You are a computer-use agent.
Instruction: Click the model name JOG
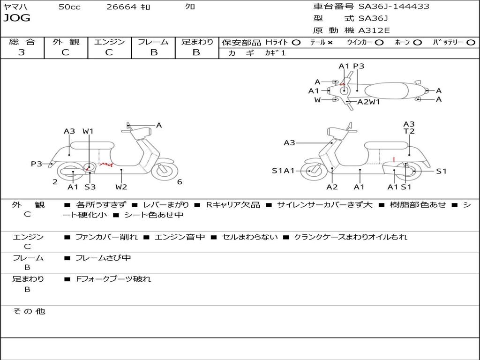tap(17, 18)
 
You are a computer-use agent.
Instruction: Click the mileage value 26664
tap(121, 7)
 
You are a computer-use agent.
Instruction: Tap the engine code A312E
tap(374, 30)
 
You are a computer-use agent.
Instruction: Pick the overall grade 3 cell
tap(22, 52)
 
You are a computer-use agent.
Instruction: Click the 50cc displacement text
tap(69, 7)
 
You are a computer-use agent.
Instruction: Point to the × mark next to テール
tap(330, 42)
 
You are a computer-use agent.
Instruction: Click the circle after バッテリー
tap(471, 42)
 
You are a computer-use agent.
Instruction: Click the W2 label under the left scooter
tap(121, 187)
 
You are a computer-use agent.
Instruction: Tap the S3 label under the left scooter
tap(90, 187)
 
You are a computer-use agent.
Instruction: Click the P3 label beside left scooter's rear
tap(37, 164)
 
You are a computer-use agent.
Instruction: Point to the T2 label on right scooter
tap(409, 131)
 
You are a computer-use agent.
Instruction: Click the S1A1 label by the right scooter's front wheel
tap(283, 171)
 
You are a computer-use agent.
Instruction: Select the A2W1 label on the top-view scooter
tap(368, 102)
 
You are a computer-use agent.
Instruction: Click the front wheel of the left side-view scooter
tap(165, 171)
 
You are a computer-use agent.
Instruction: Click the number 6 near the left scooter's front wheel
tap(180, 182)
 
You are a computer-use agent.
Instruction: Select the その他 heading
tap(29, 311)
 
